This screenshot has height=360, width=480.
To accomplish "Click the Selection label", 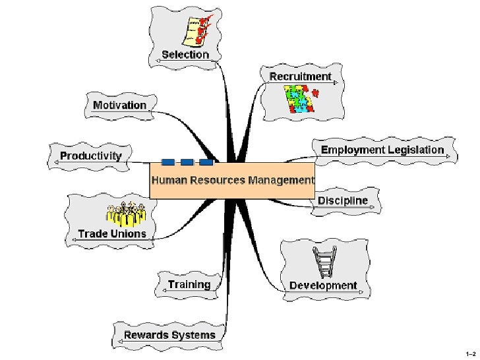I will pyautogui.click(x=185, y=54).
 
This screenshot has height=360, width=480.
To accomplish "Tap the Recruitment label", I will pyautogui.click(x=300, y=76).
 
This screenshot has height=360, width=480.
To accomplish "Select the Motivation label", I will pyautogui.click(x=120, y=105).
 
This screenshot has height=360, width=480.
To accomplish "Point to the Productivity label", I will pyautogui.click(x=91, y=156).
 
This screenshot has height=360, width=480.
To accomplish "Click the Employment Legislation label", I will pyautogui.click(x=382, y=150).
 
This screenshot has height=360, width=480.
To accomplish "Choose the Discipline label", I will pyautogui.click(x=343, y=200).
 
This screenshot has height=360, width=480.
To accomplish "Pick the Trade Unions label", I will pyautogui.click(x=112, y=233).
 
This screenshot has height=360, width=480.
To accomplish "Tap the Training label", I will pyautogui.click(x=189, y=284).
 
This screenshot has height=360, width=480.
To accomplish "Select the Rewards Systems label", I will pyautogui.click(x=169, y=335).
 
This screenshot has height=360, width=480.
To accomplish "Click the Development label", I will pyautogui.click(x=323, y=285).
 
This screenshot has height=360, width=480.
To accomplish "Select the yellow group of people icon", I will pyautogui.click(x=126, y=214).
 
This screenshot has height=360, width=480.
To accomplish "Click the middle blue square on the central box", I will pyautogui.click(x=187, y=162).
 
